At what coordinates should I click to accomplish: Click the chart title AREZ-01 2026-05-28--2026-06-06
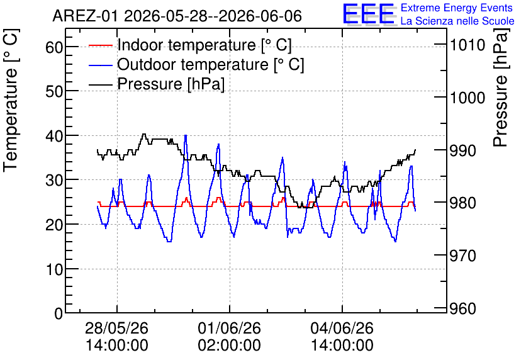tap(177, 16)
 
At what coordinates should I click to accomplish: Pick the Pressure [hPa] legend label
tap(171, 84)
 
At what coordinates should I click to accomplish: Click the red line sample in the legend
tap(101, 45)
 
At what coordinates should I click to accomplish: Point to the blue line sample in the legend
tap(101, 65)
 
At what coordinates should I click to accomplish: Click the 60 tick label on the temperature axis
tap(54, 47)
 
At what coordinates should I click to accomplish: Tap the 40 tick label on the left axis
tap(54, 136)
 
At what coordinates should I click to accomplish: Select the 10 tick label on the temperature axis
tap(54, 269)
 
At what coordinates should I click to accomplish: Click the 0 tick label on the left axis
tap(59, 313)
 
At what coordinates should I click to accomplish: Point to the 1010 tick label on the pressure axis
tap(467, 45)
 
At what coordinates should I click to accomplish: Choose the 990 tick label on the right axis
tap(463, 150)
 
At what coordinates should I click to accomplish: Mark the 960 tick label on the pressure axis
tap(463, 308)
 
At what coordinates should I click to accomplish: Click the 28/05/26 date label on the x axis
tap(117, 328)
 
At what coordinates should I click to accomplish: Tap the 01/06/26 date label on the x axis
tap(230, 328)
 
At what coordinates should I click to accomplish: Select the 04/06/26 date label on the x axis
tap(342, 328)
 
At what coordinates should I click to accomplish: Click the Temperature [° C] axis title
tap(11, 101)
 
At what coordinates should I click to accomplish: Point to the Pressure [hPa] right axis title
tap(501, 87)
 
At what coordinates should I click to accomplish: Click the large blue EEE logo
tap(368, 14)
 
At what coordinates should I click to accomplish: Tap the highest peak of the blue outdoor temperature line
tap(186, 135)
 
